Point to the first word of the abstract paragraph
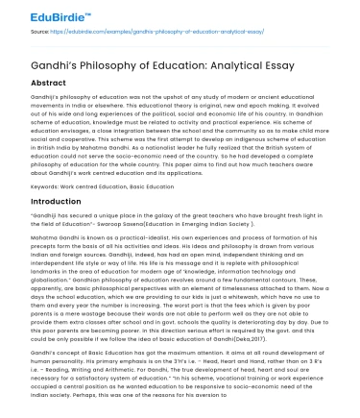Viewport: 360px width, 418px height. [x=45, y=99]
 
